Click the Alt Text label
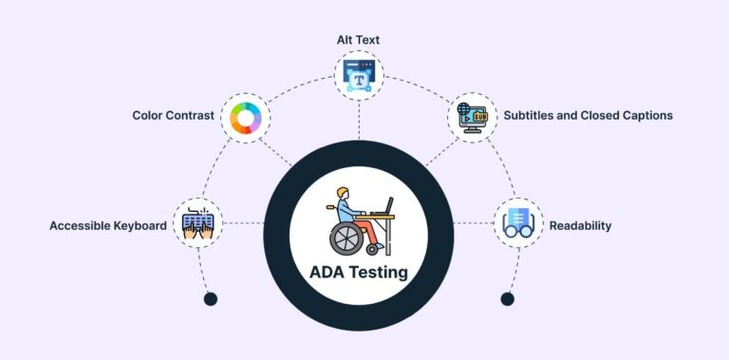pos(359,41)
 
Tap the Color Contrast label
pos(172,116)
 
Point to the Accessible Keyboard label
pos(108,226)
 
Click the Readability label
pos(580,226)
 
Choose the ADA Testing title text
pos(359,273)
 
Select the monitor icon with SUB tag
pos(472,116)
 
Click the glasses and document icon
pos(517,224)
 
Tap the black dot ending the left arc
pos(211,299)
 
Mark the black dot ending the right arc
pos(508,299)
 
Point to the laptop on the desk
pos(383,208)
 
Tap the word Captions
pos(643,115)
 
